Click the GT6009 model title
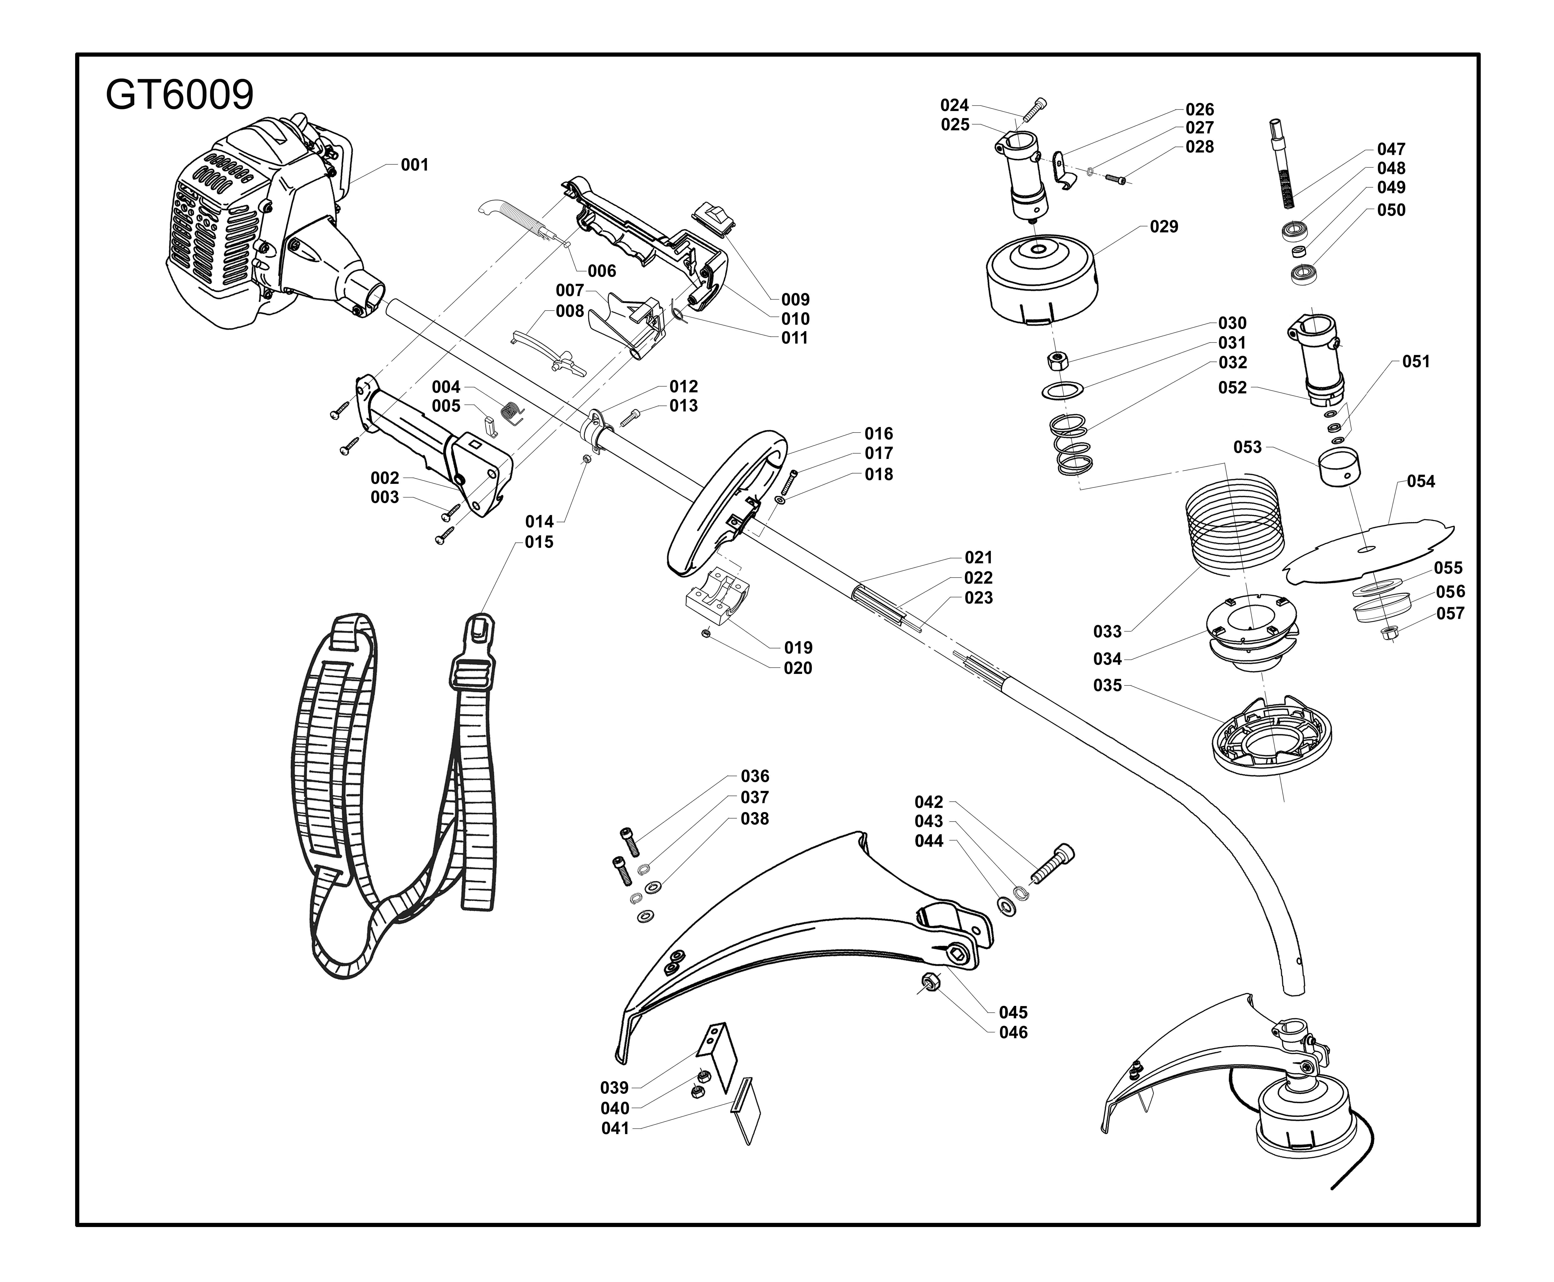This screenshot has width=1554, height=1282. click(180, 95)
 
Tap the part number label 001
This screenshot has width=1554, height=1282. click(414, 165)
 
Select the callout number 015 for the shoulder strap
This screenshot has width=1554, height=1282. click(539, 542)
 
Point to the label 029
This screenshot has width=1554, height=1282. click(1164, 227)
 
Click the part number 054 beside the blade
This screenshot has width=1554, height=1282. click(1420, 482)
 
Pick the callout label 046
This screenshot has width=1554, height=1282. click(1013, 1032)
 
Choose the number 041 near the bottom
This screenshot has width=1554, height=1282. click(615, 1128)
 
